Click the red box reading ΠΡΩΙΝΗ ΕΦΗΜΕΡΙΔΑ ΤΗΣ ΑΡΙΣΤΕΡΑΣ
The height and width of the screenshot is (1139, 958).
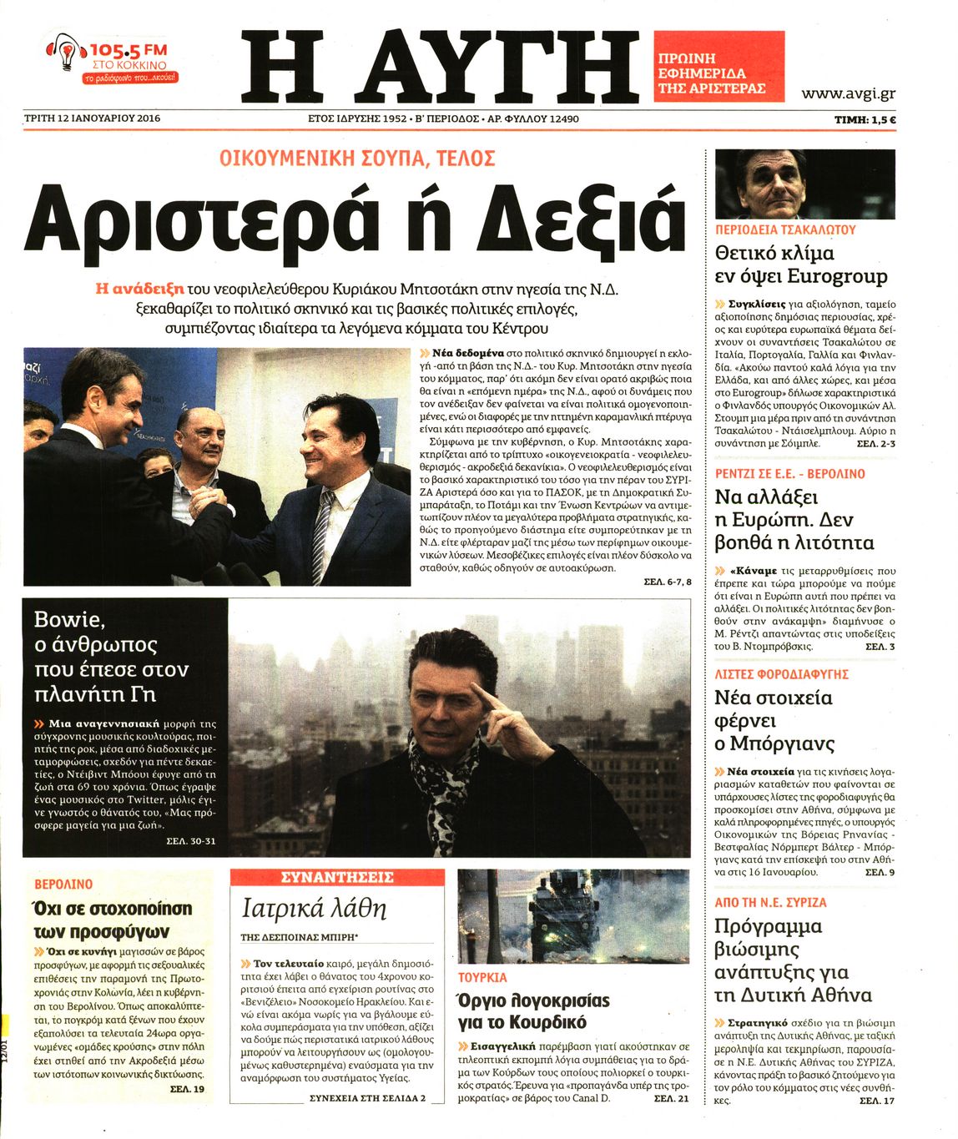718,67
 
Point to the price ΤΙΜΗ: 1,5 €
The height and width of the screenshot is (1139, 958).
865,119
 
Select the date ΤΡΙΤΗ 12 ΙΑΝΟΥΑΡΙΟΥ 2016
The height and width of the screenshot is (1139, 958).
93,118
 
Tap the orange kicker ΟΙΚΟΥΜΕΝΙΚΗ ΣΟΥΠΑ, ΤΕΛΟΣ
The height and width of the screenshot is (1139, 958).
357,159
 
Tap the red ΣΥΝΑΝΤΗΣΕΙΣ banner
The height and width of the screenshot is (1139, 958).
336,877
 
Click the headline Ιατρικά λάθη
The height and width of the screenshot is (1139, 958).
314,907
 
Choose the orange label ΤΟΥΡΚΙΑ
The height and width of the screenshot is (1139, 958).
482,977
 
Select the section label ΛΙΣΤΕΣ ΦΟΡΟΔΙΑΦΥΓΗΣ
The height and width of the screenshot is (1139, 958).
781,673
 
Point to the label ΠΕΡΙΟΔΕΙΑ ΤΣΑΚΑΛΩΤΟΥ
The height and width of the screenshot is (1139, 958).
785,229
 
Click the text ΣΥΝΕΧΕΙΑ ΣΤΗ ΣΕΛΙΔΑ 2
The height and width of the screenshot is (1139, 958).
367,1098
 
